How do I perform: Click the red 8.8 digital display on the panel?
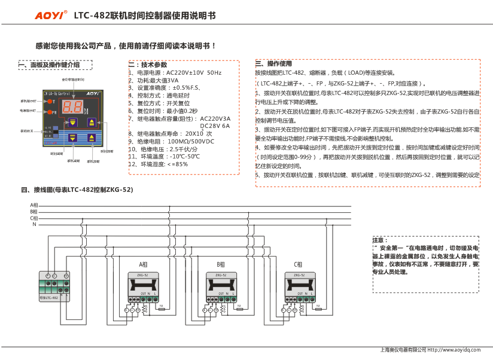[72, 108]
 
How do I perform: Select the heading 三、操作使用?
[273, 63]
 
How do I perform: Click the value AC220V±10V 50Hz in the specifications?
[193, 73]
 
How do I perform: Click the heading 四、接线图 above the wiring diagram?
[77, 190]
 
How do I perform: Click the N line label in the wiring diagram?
[34, 224]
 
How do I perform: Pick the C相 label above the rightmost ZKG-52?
[298, 264]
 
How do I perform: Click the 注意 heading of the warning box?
[380, 239]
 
